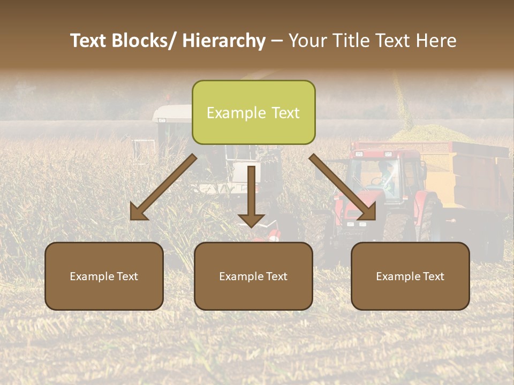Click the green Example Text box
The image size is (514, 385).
coord(253,112)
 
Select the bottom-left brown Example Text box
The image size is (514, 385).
coord(104,276)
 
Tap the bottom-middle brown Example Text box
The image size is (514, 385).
coord(253,276)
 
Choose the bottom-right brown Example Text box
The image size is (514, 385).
coord(410,276)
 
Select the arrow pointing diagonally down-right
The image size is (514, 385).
coord(343,188)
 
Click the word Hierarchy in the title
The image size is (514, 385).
coord(224,41)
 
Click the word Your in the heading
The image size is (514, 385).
coord(306,41)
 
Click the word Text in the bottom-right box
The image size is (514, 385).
coord(434,276)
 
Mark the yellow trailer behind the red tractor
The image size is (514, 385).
coord(471,176)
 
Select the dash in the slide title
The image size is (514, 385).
coord(277,41)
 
